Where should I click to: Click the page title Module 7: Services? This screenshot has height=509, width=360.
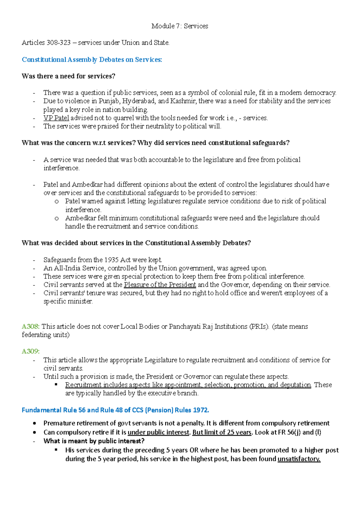point(180,26)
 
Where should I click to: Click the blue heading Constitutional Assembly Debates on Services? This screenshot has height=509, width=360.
point(92,60)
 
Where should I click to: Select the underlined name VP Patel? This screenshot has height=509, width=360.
point(56,118)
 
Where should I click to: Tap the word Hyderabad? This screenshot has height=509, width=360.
point(139,101)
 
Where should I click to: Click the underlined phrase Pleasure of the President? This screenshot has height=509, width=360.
point(160,284)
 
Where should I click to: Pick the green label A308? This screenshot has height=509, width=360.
point(31,326)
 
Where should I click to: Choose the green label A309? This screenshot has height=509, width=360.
point(31,351)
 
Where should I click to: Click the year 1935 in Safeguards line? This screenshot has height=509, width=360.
point(111,260)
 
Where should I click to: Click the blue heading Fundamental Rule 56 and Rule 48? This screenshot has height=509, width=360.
point(115,410)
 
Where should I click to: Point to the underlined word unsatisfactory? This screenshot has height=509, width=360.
point(299,459)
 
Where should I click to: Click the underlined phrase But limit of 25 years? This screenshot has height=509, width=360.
point(222,432)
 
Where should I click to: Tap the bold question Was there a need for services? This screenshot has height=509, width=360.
point(68,76)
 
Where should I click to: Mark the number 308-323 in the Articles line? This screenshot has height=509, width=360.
point(58,43)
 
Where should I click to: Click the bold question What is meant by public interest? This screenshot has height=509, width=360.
point(94,441)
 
